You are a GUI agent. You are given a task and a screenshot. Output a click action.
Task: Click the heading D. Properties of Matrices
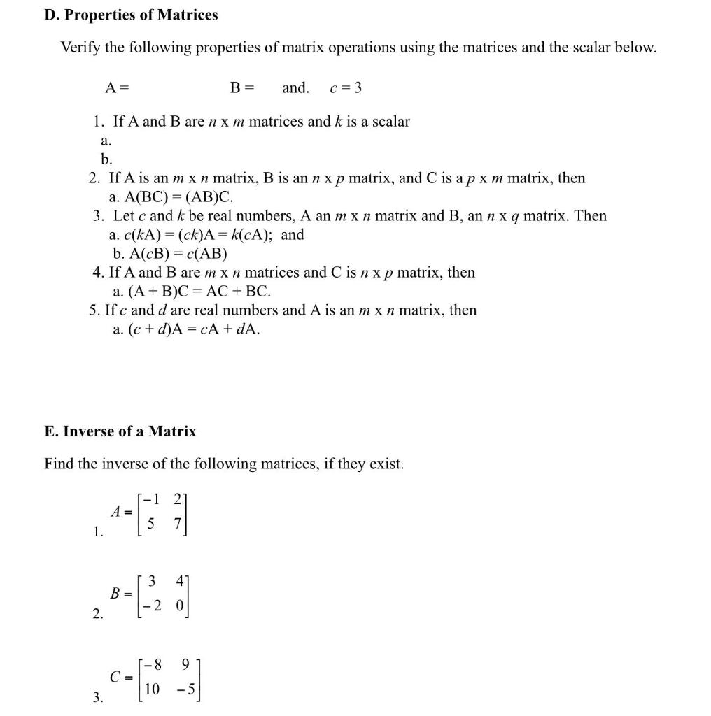[x=131, y=15]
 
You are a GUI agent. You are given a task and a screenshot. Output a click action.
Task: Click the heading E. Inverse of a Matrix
[x=120, y=431]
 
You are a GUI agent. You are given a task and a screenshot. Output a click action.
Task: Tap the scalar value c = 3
[x=345, y=88]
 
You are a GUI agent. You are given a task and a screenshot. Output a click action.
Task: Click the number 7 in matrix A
[x=178, y=524]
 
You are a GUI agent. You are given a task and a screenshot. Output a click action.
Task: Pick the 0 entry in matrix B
[x=179, y=607]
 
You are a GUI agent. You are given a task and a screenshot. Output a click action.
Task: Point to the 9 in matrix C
[x=185, y=664]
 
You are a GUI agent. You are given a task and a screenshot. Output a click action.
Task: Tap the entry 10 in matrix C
[x=152, y=689]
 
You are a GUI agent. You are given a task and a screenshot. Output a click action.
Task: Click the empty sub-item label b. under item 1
[x=106, y=159]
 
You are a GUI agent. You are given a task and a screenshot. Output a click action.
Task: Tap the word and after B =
[x=295, y=88]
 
